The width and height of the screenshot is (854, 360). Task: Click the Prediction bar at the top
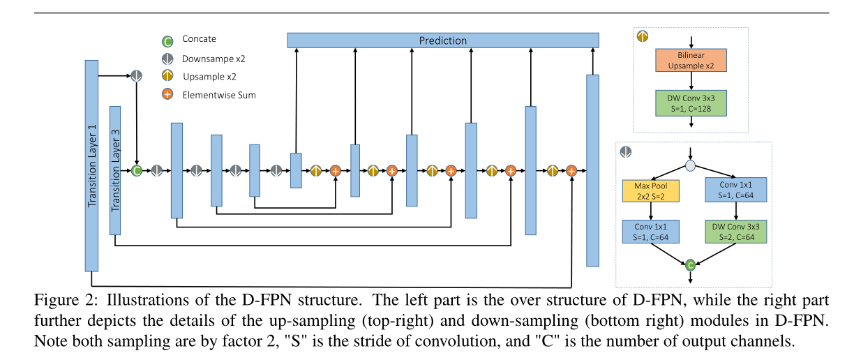click(443, 40)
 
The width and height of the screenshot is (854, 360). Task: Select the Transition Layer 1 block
click(91, 165)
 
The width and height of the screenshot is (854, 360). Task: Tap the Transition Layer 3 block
click(116, 170)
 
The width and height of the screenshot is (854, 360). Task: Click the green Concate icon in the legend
click(167, 40)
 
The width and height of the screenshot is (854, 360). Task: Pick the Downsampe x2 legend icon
click(167, 59)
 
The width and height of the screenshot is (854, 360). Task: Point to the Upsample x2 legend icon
click(167, 76)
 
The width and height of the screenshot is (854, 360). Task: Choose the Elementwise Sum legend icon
click(167, 94)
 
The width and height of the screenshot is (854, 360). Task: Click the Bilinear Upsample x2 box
click(691, 60)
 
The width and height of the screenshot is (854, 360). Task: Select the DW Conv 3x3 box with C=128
click(691, 103)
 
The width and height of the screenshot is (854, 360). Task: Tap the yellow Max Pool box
click(651, 191)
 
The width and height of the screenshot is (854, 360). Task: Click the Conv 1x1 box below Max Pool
click(651, 232)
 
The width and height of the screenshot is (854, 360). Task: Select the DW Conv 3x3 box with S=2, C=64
click(735, 232)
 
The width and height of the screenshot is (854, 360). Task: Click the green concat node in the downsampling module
click(691, 265)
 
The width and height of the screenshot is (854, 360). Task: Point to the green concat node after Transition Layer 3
click(137, 170)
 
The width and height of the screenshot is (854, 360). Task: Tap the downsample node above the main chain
click(137, 75)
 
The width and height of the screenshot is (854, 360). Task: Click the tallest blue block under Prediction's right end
click(592, 170)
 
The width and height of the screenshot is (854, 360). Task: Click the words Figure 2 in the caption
click(58, 301)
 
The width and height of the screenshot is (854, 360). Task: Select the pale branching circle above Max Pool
click(691, 166)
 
